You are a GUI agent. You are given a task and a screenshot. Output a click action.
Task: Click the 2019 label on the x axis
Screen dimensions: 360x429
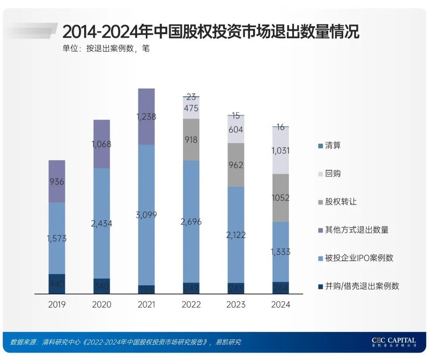coord(57,305)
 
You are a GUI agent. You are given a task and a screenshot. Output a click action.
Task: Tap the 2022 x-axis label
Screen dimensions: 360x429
coord(191,305)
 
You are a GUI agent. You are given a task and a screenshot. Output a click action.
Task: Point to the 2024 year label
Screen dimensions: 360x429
coord(281,305)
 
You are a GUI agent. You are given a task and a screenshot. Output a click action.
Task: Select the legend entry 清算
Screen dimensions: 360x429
coord(333,145)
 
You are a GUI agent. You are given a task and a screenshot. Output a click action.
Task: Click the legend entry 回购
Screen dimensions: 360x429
coord(333,174)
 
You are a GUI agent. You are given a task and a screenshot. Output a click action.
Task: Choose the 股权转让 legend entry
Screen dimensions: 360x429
coord(341,202)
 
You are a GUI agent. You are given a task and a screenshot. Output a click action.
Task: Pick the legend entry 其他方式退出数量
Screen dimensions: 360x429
coord(356,230)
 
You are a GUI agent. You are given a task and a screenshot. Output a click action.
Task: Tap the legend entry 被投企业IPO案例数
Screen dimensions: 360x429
coord(359,258)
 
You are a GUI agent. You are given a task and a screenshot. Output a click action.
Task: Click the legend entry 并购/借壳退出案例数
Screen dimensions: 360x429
coord(362,286)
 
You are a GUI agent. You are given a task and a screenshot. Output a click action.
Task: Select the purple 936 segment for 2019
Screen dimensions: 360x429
coord(57,182)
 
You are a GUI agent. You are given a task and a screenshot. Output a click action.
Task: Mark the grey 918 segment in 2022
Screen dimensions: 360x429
coord(191,140)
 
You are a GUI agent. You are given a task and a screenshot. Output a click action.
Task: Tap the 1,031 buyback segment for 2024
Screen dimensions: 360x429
coord(281,151)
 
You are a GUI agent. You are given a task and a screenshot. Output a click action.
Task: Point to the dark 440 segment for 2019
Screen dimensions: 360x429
coord(57,284)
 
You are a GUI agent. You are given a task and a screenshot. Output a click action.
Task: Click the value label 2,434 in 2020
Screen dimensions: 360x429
coord(102,224)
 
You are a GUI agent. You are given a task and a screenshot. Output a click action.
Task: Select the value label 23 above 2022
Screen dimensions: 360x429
coord(191,97)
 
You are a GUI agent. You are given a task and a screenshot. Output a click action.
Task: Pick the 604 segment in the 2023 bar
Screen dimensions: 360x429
coord(236,130)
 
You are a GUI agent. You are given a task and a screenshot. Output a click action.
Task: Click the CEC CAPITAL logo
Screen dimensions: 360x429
coord(394,342)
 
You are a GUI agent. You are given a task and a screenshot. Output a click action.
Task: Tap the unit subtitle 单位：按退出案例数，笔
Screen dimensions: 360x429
coord(106,49)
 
